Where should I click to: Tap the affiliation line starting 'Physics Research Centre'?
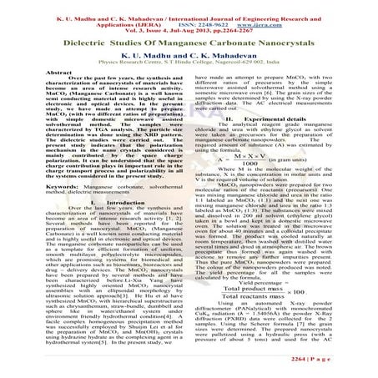[x=189, y=60]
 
